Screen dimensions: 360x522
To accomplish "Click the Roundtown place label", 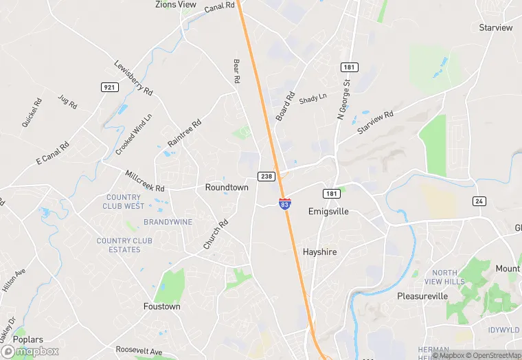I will [x=227, y=187].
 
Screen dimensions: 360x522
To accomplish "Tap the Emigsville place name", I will [x=328, y=212].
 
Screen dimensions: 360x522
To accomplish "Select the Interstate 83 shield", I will [x=284, y=204].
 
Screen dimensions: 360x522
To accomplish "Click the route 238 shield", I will [x=266, y=177].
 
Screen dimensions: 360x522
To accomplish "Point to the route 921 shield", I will [x=109, y=87].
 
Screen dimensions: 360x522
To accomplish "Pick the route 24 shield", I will [x=479, y=201].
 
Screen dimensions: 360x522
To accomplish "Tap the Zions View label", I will [x=177, y=5].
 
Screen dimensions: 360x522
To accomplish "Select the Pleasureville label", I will [x=422, y=296].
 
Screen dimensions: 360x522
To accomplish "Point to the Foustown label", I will [x=161, y=306].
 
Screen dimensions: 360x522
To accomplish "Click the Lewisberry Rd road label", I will [x=133, y=77].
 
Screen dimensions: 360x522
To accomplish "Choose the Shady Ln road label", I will [x=313, y=99].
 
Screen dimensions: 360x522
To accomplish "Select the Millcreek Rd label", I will [x=145, y=181].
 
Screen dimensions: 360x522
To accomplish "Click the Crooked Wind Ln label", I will [x=134, y=134].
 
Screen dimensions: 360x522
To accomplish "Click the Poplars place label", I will [x=28, y=339].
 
